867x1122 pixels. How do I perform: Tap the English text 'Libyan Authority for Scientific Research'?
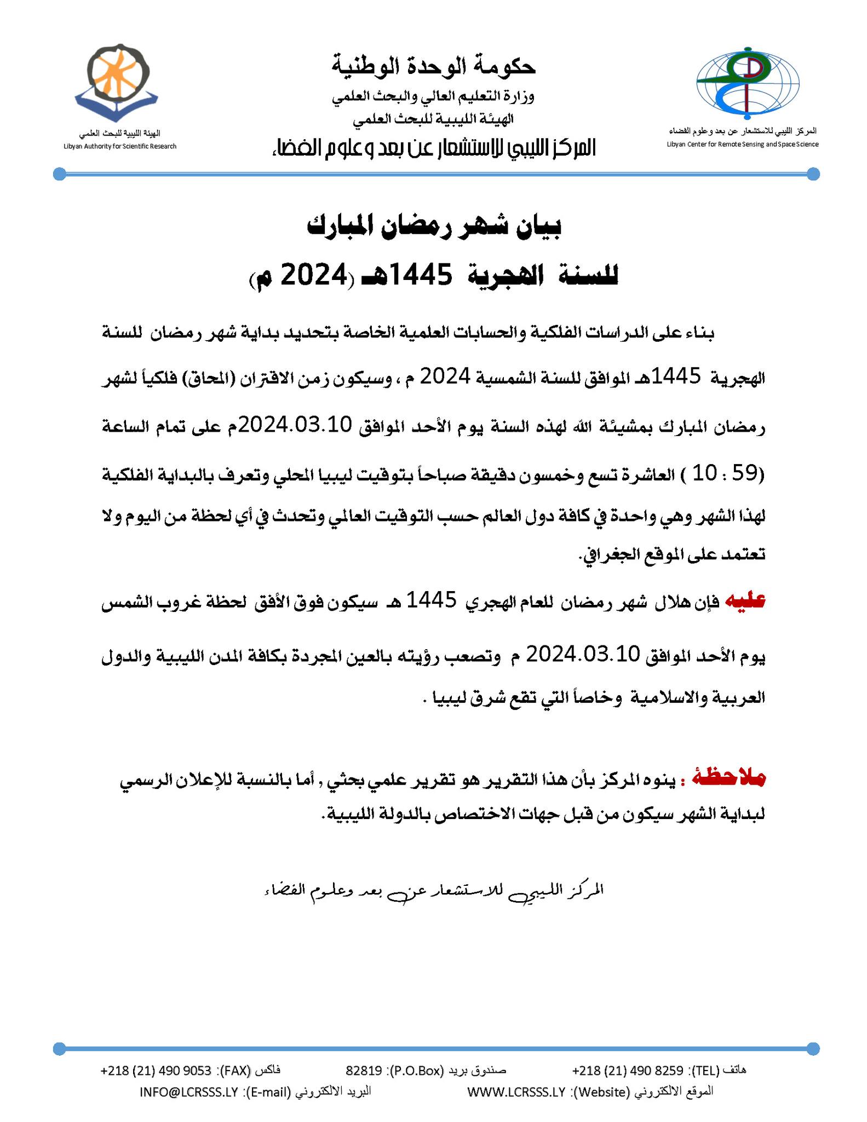tap(120, 146)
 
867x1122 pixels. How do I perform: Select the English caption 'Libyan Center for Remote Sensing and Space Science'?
tap(742, 144)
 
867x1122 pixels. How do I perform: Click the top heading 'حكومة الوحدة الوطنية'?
tap(433, 66)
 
